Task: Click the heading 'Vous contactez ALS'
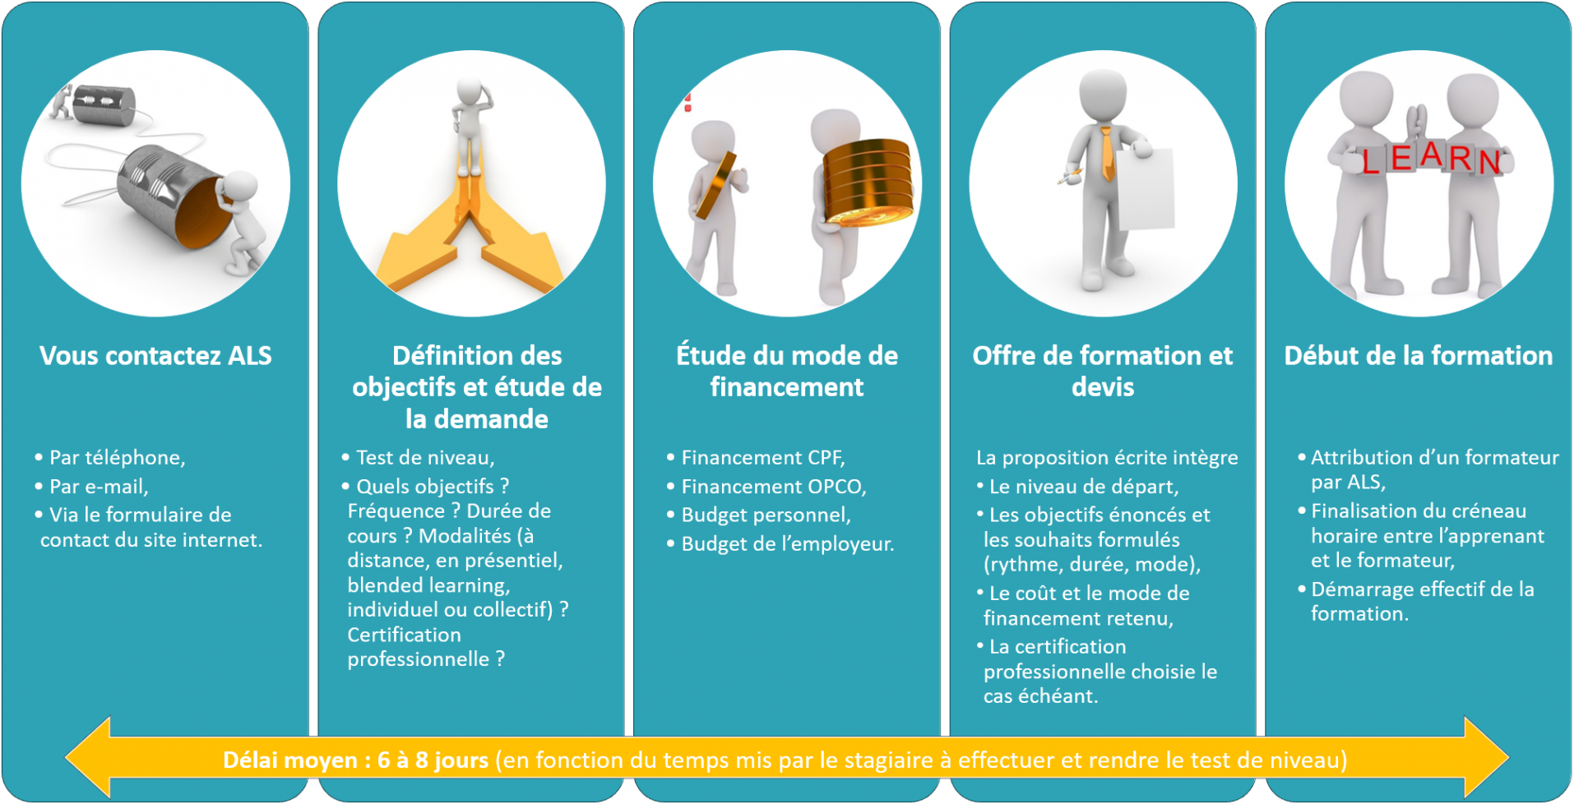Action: click(155, 356)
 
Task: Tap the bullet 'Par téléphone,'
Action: click(110, 458)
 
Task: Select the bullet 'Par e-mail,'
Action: click(91, 487)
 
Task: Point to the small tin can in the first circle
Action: click(104, 105)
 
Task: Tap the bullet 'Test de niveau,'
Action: click(418, 458)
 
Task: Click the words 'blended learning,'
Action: click(428, 585)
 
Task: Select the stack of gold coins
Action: click(868, 183)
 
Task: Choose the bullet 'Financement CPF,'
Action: click(756, 458)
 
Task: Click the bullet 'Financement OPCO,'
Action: click(766, 487)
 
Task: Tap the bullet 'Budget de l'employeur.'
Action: click(780, 544)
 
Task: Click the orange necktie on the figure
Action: click(1107, 153)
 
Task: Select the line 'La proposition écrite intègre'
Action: click(1107, 458)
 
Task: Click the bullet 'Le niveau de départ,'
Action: click(1077, 487)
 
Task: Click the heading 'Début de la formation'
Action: click(1419, 356)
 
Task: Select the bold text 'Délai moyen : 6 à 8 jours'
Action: click(355, 760)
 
